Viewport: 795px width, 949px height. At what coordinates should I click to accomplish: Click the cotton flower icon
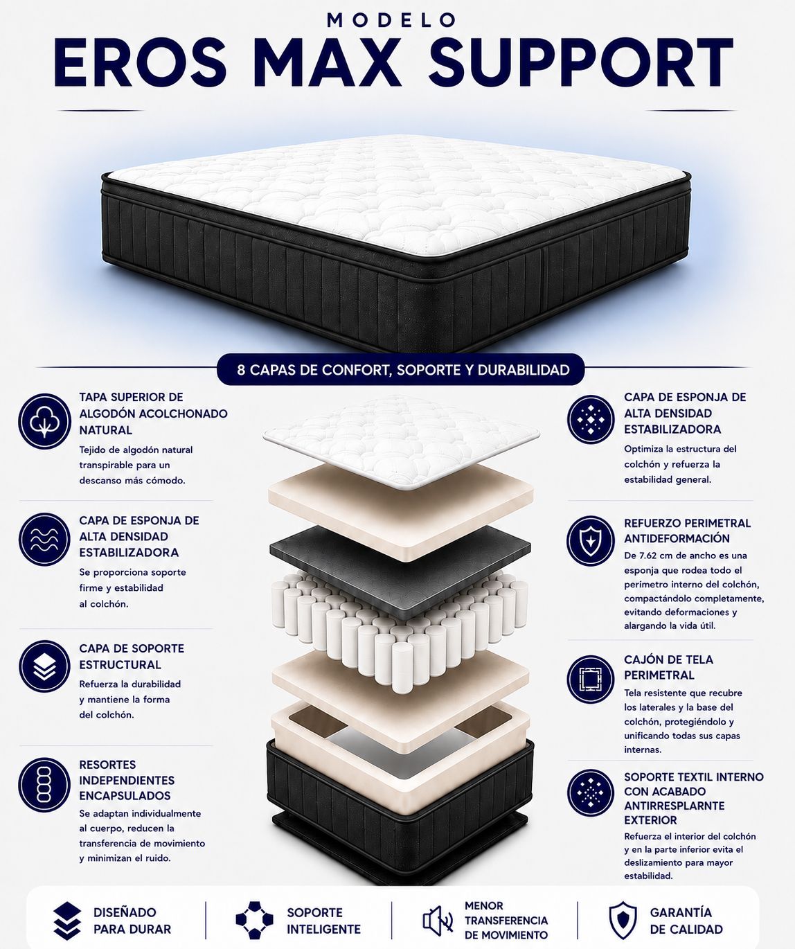[44, 421]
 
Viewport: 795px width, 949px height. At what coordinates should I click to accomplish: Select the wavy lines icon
[44, 539]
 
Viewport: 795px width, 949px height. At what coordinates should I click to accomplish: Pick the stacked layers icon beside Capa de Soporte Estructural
[44, 666]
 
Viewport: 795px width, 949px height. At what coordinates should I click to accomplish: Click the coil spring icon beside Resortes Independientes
[44, 785]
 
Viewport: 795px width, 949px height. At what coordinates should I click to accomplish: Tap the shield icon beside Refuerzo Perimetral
[591, 540]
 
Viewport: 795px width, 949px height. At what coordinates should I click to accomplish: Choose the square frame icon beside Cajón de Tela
[591, 679]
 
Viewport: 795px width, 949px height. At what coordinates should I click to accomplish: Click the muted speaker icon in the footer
[438, 920]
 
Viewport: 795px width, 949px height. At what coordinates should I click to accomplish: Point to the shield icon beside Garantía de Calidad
[623, 920]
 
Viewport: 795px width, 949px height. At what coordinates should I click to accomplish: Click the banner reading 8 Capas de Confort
[401, 369]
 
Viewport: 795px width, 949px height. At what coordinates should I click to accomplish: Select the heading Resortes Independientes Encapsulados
[127, 780]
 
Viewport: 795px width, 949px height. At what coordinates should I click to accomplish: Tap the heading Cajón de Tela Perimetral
[668, 667]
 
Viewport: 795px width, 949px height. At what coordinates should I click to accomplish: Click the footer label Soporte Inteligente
[323, 921]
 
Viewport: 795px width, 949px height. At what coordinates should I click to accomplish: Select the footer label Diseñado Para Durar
[132, 921]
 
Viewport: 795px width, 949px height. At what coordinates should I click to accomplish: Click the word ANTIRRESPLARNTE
[675, 806]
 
